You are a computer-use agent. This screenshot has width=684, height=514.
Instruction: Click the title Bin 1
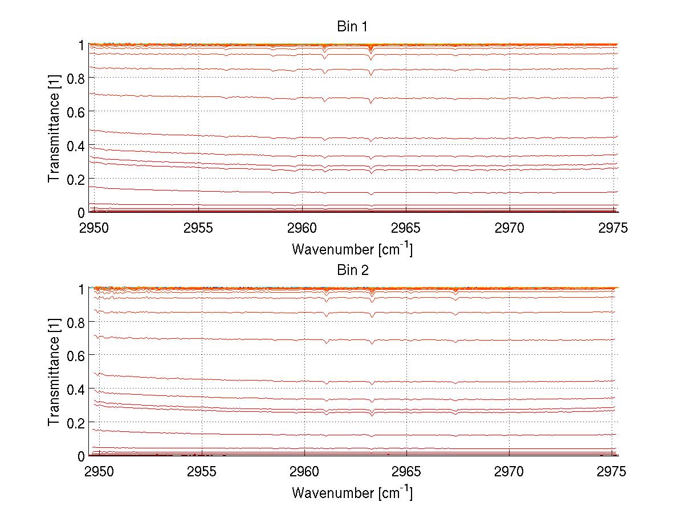pyautogui.click(x=352, y=26)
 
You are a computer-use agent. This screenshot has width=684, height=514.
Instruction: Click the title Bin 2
pyautogui.click(x=352, y=270)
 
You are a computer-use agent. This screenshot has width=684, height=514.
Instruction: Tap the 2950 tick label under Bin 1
pyautogui.click(x=95, y=228)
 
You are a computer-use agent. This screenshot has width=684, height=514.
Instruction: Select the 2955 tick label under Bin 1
pyautogui.click(x=198, y=228)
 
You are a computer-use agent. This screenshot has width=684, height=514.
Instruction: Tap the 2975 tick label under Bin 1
pyautogui.click(x=613, y=228)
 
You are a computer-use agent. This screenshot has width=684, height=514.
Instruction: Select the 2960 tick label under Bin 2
pyautogui.click(x=304, y=472)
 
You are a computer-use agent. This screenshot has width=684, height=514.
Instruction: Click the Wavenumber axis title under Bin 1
pyautogui.click(x=352, y=249)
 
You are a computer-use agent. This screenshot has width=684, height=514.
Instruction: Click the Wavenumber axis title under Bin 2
pyautogui.click(x=352, y=492)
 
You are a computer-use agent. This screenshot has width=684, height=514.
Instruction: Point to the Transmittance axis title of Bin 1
pyautogui.click(x=54, y=128)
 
